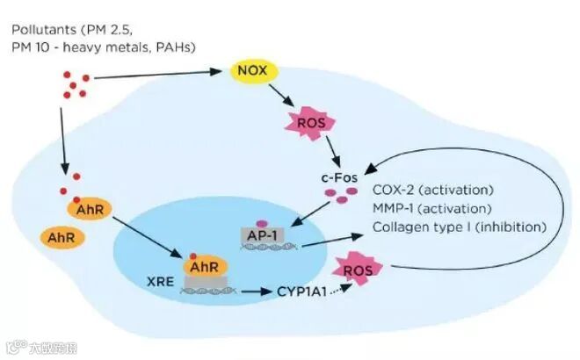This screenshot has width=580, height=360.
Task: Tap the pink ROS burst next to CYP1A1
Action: (x=360, y=270)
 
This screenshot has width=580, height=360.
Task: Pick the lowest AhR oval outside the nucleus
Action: (x=61, y=237)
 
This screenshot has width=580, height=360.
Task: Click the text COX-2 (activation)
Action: (x=433, y=190)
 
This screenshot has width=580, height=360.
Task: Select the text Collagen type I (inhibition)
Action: (x=460, y=227)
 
